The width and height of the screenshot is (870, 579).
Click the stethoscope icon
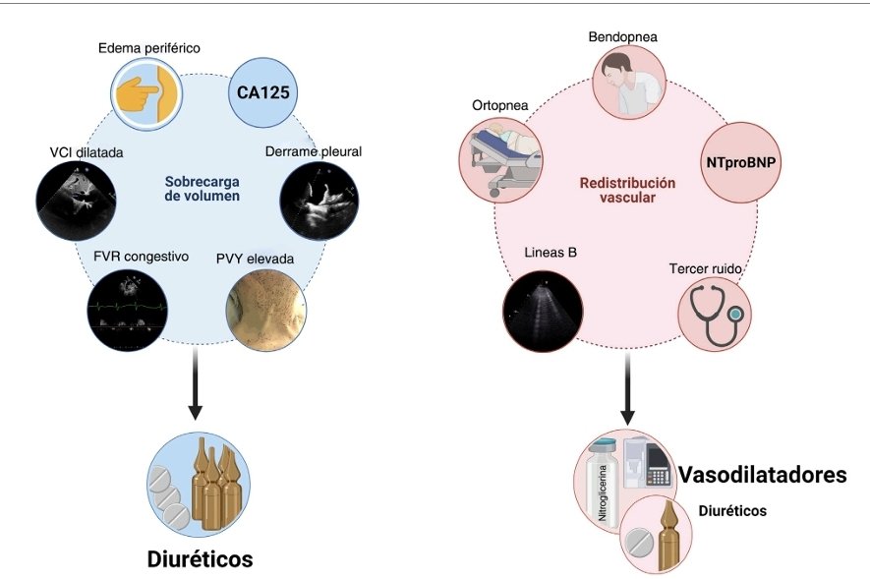(x=715, y=315)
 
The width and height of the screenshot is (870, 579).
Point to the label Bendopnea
(x=622, y=37)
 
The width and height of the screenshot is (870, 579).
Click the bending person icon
(x=633, y=84)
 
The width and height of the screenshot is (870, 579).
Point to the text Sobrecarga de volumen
(x=201, y=188)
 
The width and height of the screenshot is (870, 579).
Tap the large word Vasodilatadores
(x=762, y=475)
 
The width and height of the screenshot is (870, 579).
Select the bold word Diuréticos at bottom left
(x=200, y=559)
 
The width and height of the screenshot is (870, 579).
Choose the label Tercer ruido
(x=705, y=268)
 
